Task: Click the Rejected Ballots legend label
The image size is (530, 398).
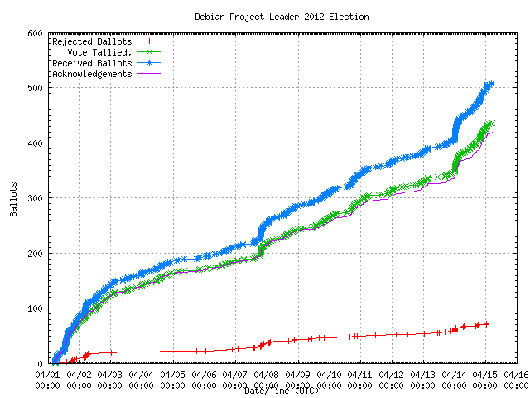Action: click(x=92, y=41)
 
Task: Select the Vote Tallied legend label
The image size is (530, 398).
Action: click(x=100, y=52)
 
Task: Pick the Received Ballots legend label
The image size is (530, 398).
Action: click(x=92, y=63)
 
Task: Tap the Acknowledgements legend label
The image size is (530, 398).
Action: click(x=92, y=74)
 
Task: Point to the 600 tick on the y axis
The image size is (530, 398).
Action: click(x=34, y=33)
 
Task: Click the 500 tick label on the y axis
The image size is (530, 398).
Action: click(x=34, y=88)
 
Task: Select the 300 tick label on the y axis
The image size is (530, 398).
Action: click(x=34, y=198)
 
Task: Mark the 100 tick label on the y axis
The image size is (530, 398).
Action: click(x=34, y=308)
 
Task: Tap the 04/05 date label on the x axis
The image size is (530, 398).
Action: click(x=173, y=375)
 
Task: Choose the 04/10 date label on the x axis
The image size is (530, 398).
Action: click(x=330, y=375)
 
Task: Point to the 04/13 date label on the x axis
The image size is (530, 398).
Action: click(x=424, y=375)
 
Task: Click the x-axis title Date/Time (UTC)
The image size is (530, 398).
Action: click(x=282, y=390)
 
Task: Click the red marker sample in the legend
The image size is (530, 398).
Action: click(x=149, y=41)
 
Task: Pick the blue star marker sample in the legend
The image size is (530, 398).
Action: click(x=149, y=63)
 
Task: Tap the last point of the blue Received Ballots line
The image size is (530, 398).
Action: click(x=491, y=84)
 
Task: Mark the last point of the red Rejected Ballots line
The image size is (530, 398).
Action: click(x=487, y=324)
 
